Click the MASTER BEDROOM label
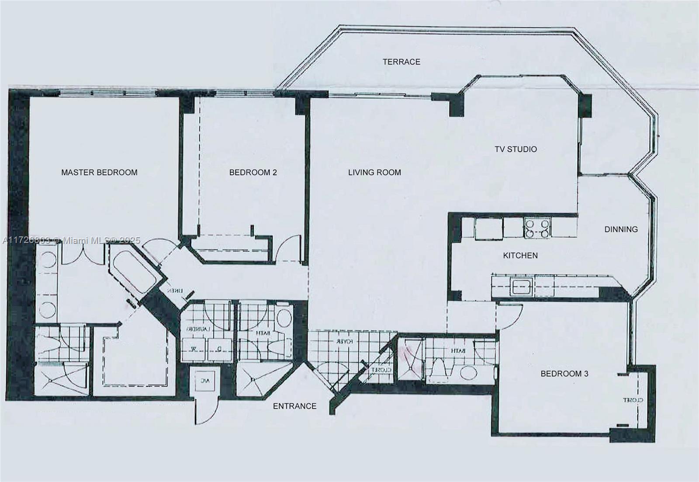click(x=99, y=173)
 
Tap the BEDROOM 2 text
click(x=253, y=173)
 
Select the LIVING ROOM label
click(x=374, y=173)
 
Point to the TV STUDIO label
click(x=516, y=149)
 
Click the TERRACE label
click(x=401, y=62)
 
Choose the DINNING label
click(x=621, y=229)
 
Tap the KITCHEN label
click(x=520, y=256)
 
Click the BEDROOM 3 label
click(x=564, y=374)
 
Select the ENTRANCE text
click(x=294, y=406)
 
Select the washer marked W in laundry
click(x=193, y=349)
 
